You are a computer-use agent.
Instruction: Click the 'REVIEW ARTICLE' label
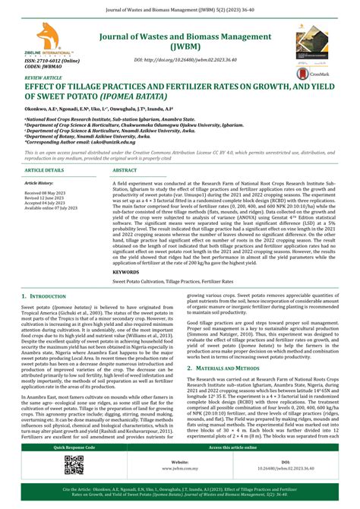click(45, 77)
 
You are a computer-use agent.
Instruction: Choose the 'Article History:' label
click(39, 183)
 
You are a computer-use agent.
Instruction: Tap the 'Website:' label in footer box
click(180, 461)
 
